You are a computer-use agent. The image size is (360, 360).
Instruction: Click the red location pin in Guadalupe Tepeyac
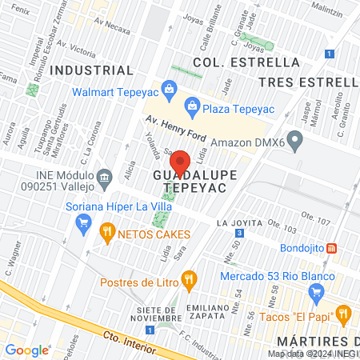coord(180,163)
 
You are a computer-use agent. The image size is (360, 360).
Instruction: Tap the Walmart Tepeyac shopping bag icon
coord(168,88)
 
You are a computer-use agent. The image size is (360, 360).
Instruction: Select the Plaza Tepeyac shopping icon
coord(192,104)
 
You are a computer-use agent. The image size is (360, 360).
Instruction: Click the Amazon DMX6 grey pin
coord(296,143)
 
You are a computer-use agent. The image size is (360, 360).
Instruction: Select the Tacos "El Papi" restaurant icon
coord(343,313)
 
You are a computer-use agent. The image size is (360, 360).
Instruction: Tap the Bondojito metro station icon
coord(343,247)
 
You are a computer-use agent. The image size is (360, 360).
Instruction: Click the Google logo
coord(26,350)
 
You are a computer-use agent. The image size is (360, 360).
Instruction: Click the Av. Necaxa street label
coord(112,25)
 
